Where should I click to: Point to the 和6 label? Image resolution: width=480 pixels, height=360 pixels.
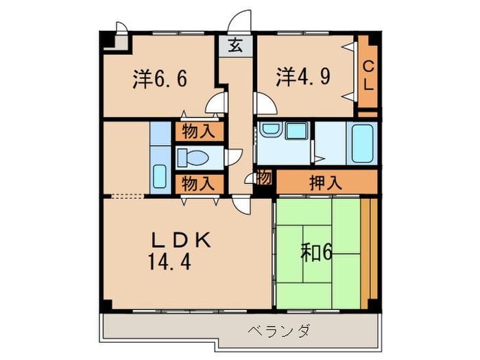pyautogui.click(x=316, y=253)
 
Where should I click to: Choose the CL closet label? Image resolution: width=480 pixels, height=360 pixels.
pyautogui.click(x=368, y=75)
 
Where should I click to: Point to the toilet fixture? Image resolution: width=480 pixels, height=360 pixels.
pyautogui.click(x=194, y=158)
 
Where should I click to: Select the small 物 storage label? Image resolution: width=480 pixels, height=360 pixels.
pyautogui.click(x=265, y=178)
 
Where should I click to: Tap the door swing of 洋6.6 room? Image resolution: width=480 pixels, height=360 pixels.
pyautogui.click(x=217, y=104)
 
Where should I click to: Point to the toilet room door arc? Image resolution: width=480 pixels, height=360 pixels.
pyautogui.click(x=234, y=156)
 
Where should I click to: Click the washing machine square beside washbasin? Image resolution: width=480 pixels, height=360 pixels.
pyautogui.click(x=296, y=131)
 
